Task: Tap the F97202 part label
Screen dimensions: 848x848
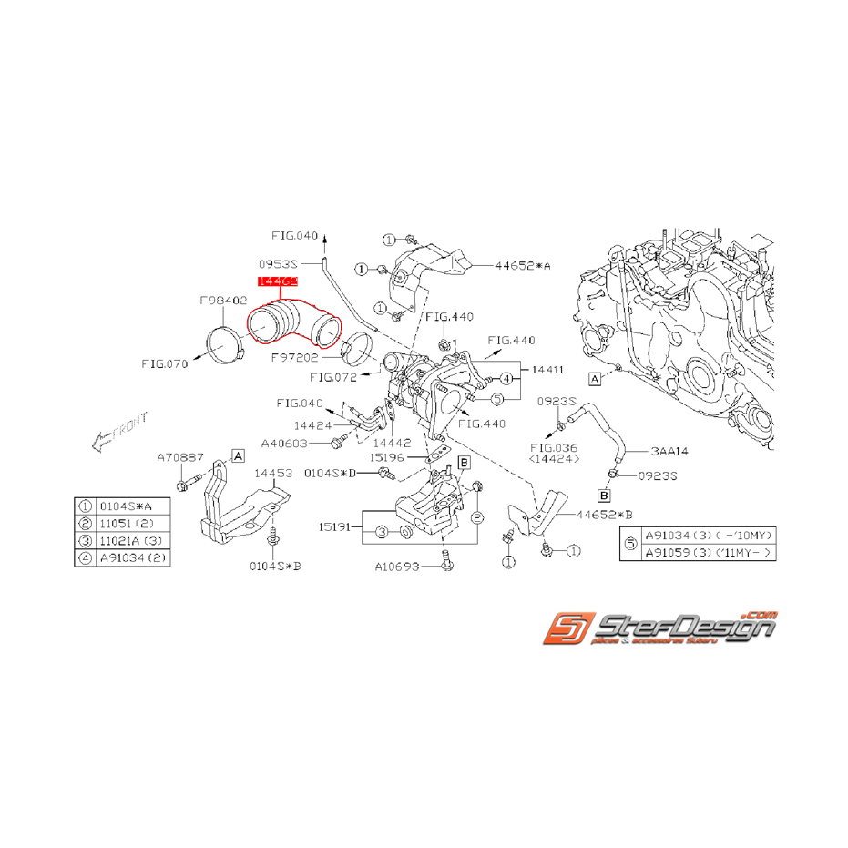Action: click(x=294, y=360)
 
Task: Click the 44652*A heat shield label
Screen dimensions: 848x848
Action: click(x=523, y=266)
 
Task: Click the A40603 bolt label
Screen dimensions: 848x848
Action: click(x=286, y=444)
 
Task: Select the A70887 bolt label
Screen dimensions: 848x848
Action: click(x=180, y=459)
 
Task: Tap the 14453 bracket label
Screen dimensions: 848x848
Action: click(x=273, y=474)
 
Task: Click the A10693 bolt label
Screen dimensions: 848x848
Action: click(x=398, y=567)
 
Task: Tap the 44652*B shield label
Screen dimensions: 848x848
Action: click(x=604, y=514)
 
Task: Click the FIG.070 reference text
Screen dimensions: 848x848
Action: click(x=165, y=363)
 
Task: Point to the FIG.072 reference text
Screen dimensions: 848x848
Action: click(x=334, y=375)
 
